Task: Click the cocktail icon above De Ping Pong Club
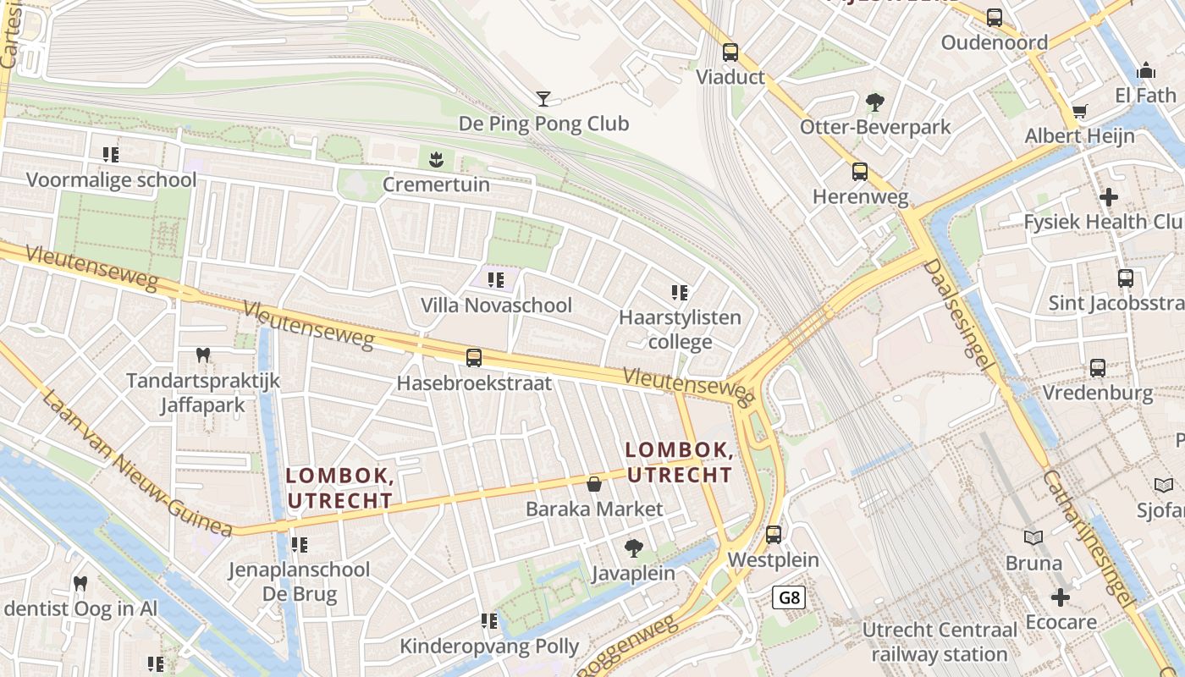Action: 543,99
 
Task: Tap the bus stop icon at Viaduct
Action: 730,52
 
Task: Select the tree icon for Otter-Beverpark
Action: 875,102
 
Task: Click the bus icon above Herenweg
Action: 860,172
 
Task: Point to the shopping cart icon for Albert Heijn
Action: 1079,111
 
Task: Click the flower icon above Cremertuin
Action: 436,158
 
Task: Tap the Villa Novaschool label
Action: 496,305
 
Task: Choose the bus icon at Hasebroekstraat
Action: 474,358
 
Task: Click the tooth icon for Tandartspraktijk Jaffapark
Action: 202,355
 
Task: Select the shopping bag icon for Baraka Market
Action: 594,484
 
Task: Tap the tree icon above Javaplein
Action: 633,548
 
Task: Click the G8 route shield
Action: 789,598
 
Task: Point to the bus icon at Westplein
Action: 774,535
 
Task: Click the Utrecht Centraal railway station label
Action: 940,642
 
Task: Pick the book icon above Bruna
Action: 1033,537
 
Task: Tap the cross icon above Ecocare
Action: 1061,597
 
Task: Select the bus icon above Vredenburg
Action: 1098,368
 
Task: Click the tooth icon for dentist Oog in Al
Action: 80,583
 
